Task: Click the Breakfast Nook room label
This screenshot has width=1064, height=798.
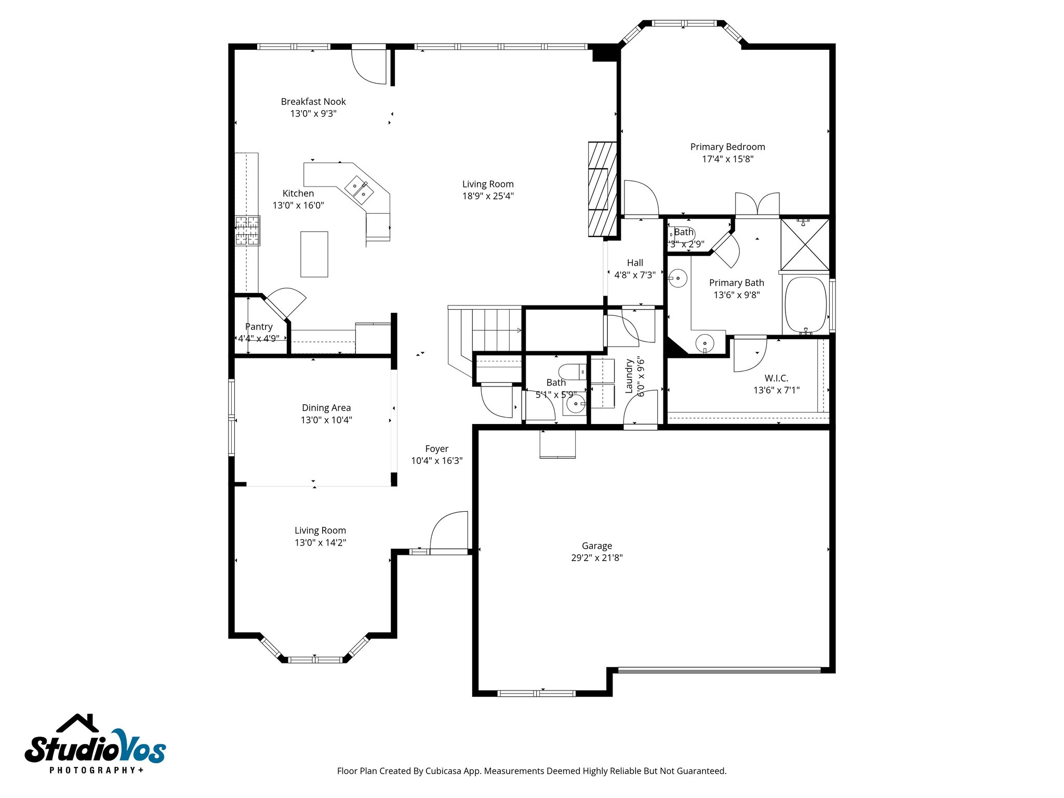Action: click(313, 102)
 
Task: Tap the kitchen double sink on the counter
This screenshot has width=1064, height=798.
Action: click(359, 190)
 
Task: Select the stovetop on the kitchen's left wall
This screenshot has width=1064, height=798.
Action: click(247, 231)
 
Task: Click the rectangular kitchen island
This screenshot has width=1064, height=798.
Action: click(314, 254)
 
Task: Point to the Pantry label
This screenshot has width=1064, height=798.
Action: click(259, 327)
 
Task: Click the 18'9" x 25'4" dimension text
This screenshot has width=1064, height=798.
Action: click(488, 196)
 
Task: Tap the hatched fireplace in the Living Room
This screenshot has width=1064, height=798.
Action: click(603, 190)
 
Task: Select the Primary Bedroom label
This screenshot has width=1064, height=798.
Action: click(727, 147)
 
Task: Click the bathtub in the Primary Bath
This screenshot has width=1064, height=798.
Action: click(805, 305)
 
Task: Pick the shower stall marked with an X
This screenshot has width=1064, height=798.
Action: click(805, 245)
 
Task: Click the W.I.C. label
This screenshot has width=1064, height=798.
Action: click(776, 378)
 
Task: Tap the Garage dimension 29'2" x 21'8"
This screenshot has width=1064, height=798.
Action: click(596, 558)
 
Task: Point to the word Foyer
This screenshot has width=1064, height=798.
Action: click(436, 449)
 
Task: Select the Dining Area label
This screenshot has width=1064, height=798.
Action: click(326, 408)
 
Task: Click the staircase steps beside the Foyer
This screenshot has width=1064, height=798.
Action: click(496, 330)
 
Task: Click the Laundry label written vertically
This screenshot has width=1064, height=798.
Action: click(629, 376)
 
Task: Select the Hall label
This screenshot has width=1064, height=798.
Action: click(635, 263)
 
